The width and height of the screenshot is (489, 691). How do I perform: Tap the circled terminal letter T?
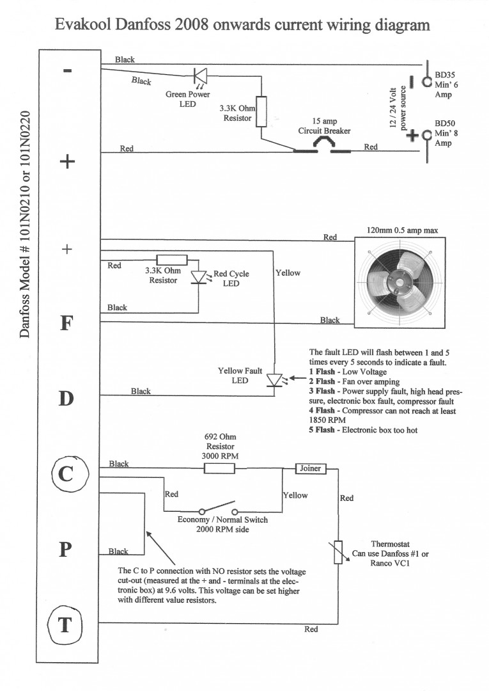(x=65, y=624)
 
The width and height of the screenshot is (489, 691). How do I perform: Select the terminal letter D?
(x=67, y=399)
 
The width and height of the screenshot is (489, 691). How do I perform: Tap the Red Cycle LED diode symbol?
(x=199, y=276)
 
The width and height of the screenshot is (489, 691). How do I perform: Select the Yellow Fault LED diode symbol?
(x=274, y=381)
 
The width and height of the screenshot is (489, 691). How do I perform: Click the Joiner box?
(x=311, y=468)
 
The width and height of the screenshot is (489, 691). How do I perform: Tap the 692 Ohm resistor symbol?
(x=219, y=469)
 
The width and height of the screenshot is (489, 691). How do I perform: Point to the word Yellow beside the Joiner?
(x=295, y=495)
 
